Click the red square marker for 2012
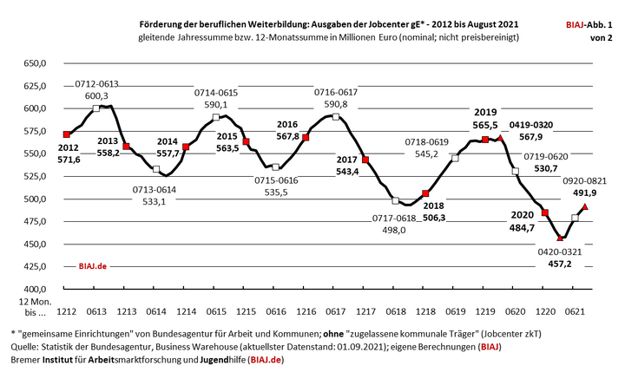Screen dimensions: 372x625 pyautogui.click(x=66, y=134)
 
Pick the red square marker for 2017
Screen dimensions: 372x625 pyautogui.click(x=365, y=160)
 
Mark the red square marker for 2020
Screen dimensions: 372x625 pyautogui.click(x=545, y=212)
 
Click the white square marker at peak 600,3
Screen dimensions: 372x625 pyautogui.click(x=95, y=108)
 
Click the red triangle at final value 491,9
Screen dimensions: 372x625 pyautogui.click(x=585, y=206)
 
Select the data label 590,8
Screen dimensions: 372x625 pyautogui.click(x=334, y=104)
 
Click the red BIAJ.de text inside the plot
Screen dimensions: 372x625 pyautogui.click(x=95, y=267)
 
